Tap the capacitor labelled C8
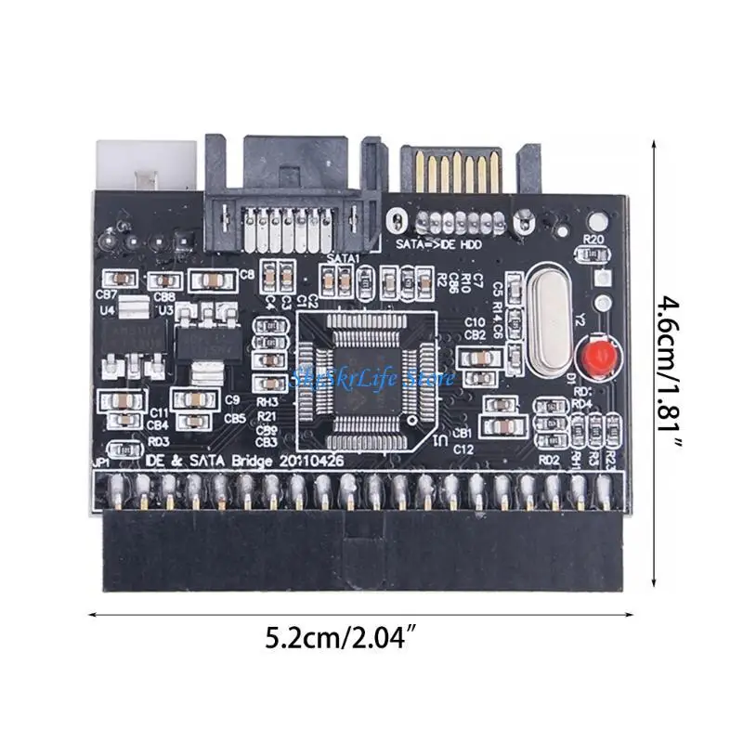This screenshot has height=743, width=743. (246, 274)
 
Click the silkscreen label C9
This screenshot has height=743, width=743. (234, 400)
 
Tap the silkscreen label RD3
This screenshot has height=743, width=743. (157, 440)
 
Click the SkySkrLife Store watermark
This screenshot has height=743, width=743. (371, 378)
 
